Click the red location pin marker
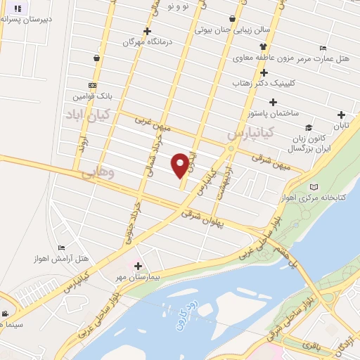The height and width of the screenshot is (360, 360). click(x=181, y=165)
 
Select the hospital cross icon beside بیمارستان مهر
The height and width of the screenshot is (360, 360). click(x=138, y=266)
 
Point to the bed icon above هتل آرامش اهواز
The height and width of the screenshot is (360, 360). click(x=61, y=247)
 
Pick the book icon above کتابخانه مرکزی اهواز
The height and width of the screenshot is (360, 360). click(x=314, y=187)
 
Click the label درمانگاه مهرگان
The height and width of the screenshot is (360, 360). click(x=148, y=42)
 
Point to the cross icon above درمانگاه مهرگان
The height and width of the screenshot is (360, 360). click(x=147, y=31)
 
